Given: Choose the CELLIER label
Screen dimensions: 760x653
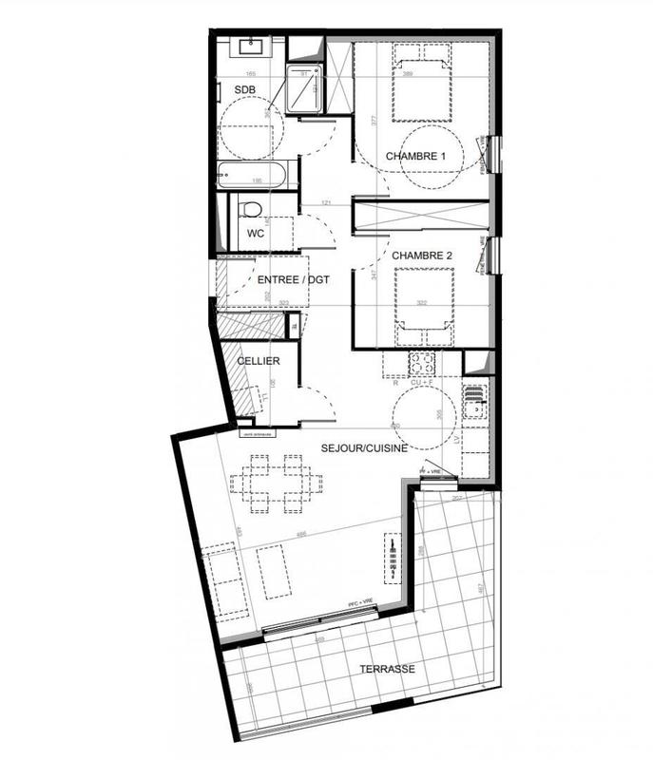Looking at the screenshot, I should point(258,362).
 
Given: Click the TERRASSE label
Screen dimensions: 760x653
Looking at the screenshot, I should point(386,670).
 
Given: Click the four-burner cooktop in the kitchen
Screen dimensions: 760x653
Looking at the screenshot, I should point(422,362).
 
